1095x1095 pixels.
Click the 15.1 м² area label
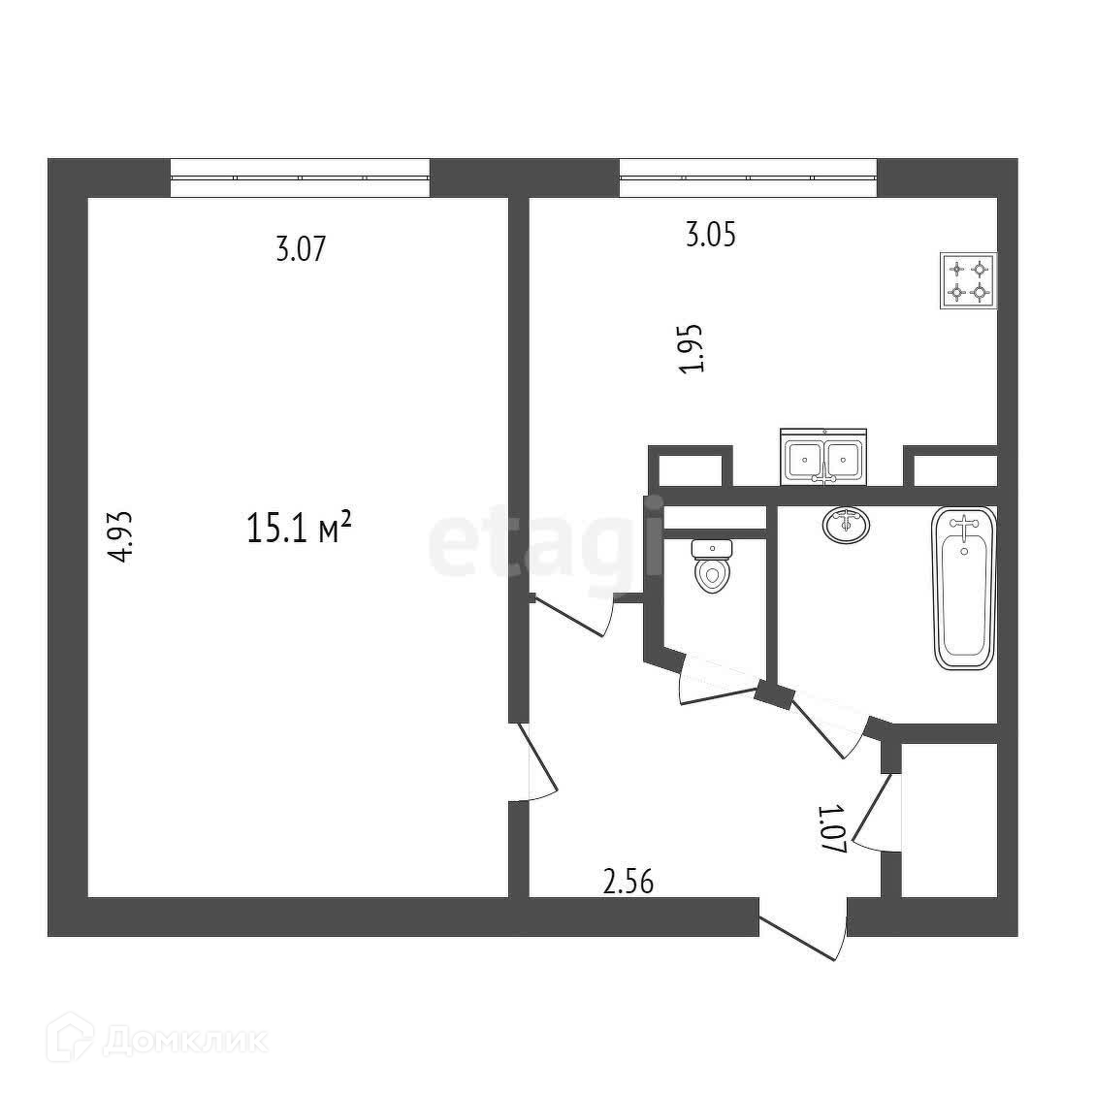pos(299,530)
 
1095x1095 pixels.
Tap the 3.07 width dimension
pos(300,249)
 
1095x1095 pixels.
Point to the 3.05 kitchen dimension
pos(711,235)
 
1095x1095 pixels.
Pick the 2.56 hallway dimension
pos(628,882)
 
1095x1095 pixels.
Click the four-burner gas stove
pos(969,280)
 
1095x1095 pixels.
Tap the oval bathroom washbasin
pos(847,524)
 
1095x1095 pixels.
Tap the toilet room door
pos(719,680)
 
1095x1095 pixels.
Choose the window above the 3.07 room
pos(300,177)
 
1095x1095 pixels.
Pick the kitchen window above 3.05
pos(748,177)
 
